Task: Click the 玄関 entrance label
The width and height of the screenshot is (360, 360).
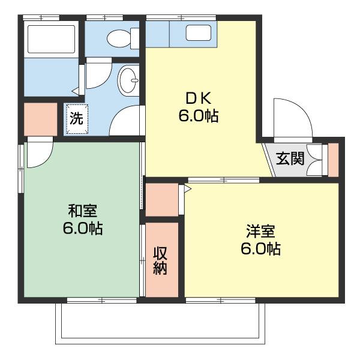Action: tap(290, 159)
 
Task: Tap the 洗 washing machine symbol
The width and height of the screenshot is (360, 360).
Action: tap(76, 118)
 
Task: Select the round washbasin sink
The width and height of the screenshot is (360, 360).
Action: tap(128, 80)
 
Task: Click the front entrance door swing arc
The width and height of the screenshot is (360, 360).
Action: tap(292, 119)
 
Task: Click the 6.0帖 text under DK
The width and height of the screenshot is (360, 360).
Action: tap(197, 116)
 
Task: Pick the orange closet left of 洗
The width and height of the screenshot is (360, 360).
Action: tap(40, 119)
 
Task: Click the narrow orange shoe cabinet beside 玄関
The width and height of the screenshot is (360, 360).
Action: tap(333, 160)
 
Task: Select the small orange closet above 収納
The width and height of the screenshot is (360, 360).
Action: tap(161, 200)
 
